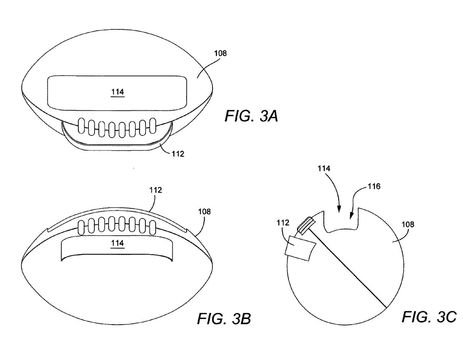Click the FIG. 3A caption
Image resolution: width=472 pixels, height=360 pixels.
[x=251, y=116]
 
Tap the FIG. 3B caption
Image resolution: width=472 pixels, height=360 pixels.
[x=224, y=319]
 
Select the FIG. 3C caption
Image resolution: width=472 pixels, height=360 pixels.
[x=429, y=316]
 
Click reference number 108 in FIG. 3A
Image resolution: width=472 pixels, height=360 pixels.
[x=221, y=53]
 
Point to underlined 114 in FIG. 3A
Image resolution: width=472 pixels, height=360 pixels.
[x=118, y=92]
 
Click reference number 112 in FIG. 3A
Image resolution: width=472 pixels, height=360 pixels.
[x=178, y=154]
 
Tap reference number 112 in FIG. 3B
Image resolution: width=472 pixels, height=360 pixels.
[x=156, y=190]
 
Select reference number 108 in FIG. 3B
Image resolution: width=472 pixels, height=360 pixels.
[x=204, y=212]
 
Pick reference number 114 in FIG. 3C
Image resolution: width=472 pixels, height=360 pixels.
[x=324, y=169]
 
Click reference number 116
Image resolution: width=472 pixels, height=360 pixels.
[x=374, y=186]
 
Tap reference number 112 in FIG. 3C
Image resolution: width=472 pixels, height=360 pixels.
[x=283, y=222]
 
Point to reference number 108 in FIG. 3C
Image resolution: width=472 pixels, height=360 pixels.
[x=408, y=225]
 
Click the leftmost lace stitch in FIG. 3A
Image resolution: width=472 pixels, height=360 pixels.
[x=81, y=125]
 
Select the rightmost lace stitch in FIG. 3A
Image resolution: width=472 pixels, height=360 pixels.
[x=153, y=125]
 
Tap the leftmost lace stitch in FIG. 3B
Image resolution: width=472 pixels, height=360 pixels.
[x=81, y=228]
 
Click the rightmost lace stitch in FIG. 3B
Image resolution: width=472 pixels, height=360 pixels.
[x=153, y=228]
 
